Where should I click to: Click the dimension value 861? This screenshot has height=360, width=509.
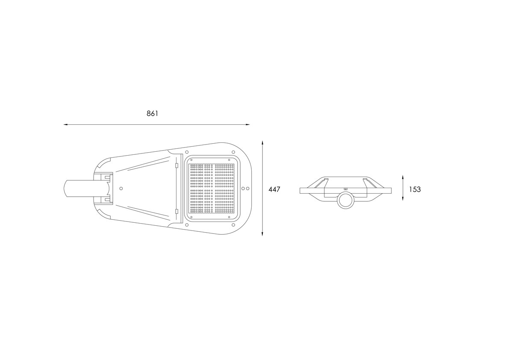click(x=152, y=114)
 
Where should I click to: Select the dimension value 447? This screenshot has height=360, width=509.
click(x=274, y=189)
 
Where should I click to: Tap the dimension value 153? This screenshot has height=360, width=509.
click(x=415, y=189)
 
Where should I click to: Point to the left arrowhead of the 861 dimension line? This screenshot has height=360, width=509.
click(x=65, y=124)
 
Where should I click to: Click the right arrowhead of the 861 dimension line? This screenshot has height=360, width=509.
click(x=248, y=124)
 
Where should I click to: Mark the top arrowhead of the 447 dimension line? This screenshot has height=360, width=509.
click(x=262, y=143)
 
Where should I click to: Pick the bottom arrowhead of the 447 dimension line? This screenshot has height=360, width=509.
click(x=262, y=234)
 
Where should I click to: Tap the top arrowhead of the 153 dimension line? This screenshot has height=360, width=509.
click(x=403, y=177)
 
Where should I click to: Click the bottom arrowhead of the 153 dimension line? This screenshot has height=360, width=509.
click(x=403, y=198)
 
